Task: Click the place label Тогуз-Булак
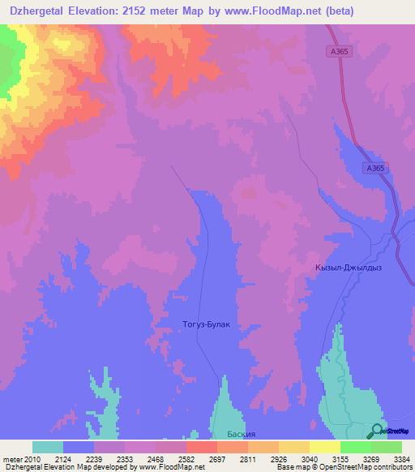tap(206, 324)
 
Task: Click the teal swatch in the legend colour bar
tap(48, 447)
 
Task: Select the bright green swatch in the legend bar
tap(356, 447)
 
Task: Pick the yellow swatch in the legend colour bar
tap(325, 447)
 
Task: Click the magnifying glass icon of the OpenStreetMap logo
tap(378, 431)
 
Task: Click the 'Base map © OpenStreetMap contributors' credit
tap(343, 467)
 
